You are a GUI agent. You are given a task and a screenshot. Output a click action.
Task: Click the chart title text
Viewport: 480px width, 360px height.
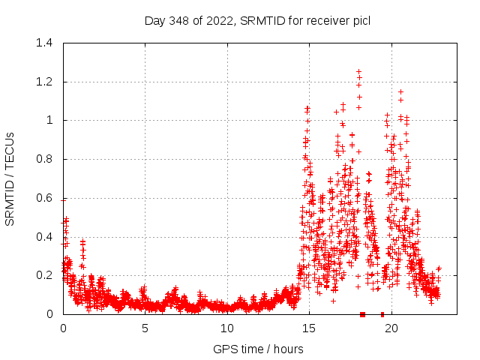pos(257,20)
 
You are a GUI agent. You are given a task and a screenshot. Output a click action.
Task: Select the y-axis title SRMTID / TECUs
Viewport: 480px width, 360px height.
pos(10,178)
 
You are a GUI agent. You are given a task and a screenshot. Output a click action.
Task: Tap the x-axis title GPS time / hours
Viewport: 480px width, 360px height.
pos(257,349)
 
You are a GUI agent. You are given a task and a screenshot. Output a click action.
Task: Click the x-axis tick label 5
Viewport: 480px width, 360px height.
pos(145,328)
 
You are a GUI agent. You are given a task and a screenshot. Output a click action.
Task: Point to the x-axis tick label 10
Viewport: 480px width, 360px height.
pos(226,328)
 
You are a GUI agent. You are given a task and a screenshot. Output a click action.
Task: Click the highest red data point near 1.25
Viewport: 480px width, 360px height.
pos(359,71)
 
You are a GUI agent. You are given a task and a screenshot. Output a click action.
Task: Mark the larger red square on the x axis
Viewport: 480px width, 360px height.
pos(362,314)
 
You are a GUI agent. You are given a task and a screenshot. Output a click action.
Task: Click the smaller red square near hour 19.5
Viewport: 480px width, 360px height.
pos(382,314)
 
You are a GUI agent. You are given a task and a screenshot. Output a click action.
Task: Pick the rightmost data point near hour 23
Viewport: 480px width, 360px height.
pos(439,268)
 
